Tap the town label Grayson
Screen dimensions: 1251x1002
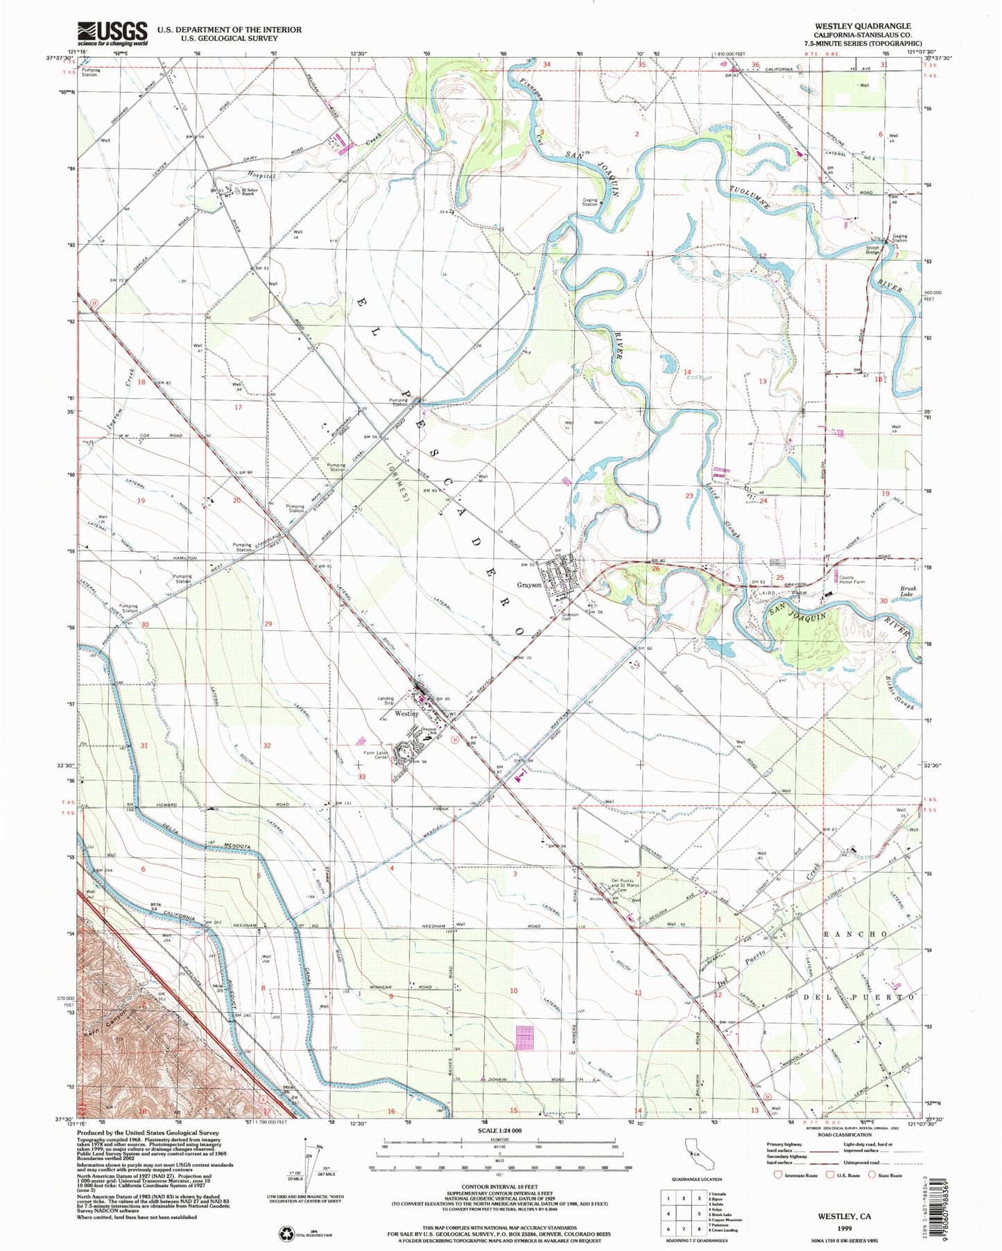(529, 585)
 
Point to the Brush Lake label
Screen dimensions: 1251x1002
(908, 591)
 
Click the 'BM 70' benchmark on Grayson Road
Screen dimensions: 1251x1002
(523, 657)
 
